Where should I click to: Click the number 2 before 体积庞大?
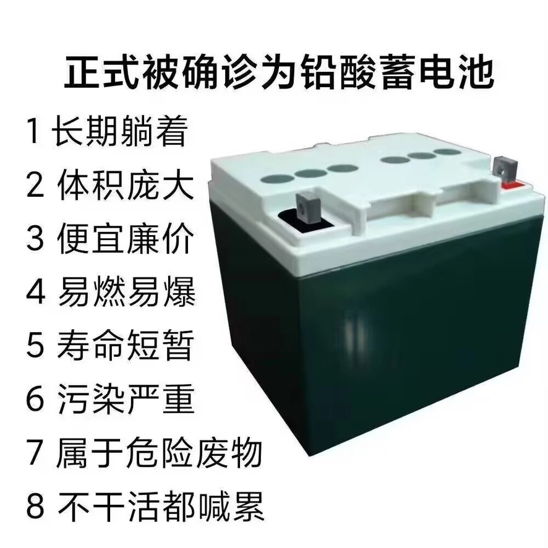coord(35,184)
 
